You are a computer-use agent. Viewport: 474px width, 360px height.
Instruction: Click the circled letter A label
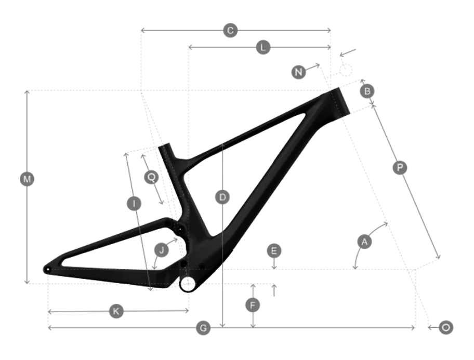click(x=364, y=242)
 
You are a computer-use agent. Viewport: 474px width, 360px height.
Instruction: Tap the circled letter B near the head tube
click(x=367, y=91)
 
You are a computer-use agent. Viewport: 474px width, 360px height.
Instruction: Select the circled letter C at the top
click(x=230, y=31)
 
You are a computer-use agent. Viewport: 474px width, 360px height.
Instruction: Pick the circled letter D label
click(x=222, y=197)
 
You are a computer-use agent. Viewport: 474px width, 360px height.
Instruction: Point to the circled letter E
click(x=274, y=251)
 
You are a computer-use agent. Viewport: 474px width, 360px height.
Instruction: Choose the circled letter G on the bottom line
click(x=204, y=328)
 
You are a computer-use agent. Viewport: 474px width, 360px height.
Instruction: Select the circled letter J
click(x=162, y=250)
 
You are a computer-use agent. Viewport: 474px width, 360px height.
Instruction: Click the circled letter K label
click(x=116, y=311)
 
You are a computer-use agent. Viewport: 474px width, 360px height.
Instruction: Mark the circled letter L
click(x=263, y=47)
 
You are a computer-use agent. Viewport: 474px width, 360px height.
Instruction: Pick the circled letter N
click(x=298, y=72)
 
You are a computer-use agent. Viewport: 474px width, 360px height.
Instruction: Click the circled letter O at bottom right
click(x=446, y=327)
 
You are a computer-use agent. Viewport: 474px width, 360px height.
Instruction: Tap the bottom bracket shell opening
click(x=187, y=283)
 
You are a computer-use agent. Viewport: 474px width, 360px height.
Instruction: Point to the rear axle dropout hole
click(x=47, y=269)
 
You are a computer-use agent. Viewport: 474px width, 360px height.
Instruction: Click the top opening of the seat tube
click(x=165, y=147)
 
